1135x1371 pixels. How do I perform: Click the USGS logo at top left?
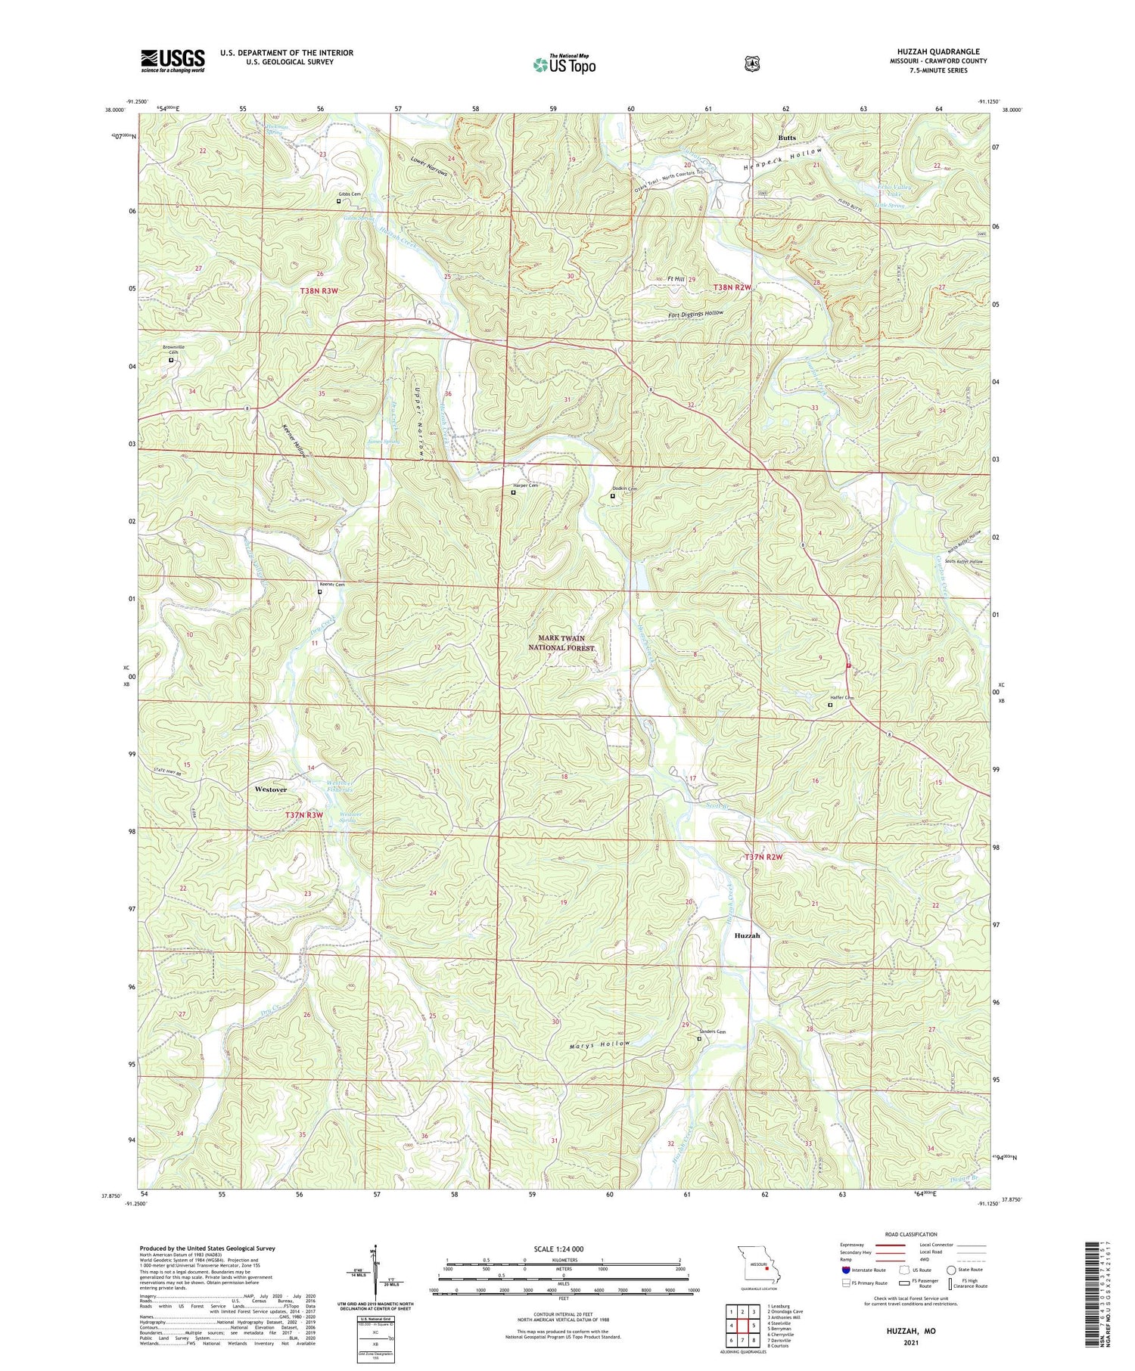tap(173, 60)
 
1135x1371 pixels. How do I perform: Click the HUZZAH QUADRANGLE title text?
tap(938, 51)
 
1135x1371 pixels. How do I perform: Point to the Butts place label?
tap(786, 138)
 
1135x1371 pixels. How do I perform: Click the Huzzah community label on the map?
tap(747, 935)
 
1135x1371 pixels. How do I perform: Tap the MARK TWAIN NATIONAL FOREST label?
tap(561, 643)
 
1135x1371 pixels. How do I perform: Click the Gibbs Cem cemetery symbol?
tap(338, 201)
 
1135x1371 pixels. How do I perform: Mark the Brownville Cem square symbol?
tap(171, 360)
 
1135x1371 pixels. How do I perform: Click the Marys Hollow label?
tap(599, 1044)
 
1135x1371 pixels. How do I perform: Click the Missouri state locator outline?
tap(757, 1264)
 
